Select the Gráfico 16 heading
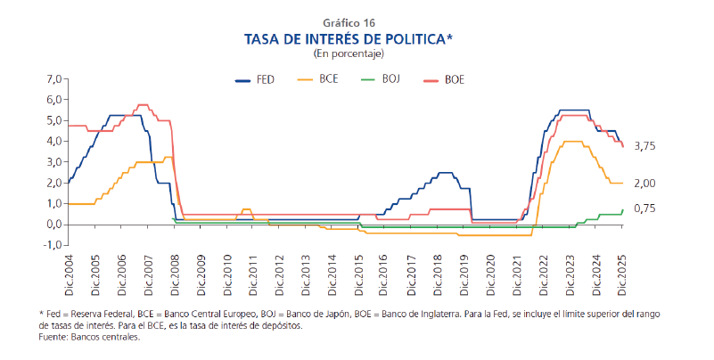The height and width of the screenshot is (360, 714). click(357, 22)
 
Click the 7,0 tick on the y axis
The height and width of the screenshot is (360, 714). click(53, 78)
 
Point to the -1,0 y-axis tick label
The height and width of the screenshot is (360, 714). click(52, 245)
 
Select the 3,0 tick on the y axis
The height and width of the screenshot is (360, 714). click(53, 161)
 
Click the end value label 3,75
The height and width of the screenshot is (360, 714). click(644, 146)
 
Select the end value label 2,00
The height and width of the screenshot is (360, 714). click(644, 183)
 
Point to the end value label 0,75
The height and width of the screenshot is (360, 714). click(644, 209)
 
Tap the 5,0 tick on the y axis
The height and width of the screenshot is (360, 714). click(53, 120)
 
